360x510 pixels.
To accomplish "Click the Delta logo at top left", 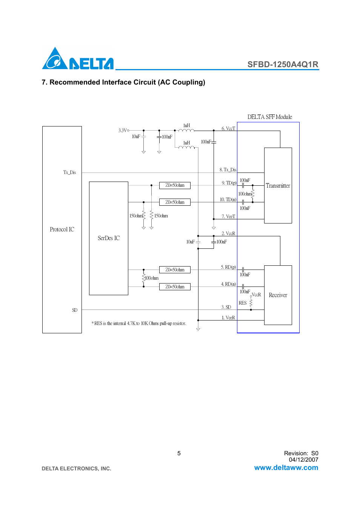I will pyautogui.click(x=77, y=59).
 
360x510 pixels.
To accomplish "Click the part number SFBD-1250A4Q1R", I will pyautogui.click(x=283, y=65).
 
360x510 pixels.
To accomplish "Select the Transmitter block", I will pyautogui.click(x=278, y=185).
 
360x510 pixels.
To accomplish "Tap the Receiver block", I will pyautogui.click(x=278, y=295).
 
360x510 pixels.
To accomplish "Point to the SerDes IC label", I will pyautogui.click(x=109, y=238).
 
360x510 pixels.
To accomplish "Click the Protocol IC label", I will pyautogui.click(x=62, y=230).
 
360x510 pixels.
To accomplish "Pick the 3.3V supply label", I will pyautogui.click(x=123, y=131).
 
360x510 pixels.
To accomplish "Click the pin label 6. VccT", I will pyautogui.click(x=228, y=129).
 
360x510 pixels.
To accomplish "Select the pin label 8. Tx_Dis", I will pyautogui.click(x=228, y=170).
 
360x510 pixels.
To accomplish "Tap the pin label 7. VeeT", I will pyautogui.click(x=228, y=217).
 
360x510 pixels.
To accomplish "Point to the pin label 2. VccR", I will pyautogui.click(x=228, y=234).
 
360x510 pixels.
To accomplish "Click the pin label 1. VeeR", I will pyautogui.click(x=228, y=318).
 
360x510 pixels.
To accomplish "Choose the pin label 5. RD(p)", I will pyautogui.click(x=228, y=267).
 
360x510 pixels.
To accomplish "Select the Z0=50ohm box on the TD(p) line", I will pyautogui.click(x=175, y=185).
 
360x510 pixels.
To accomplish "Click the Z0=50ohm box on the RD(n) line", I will pyautogui.click(x=175, y=287).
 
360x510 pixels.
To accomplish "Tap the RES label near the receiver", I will pyautogui.click(x=242, y=303).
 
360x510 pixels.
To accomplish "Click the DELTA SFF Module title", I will pyautogui.click(x=269, y=117).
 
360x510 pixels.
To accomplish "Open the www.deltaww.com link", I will pyautogui.click(x=286, y=468).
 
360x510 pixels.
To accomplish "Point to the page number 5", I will pyautogui.click(x=179, y=453).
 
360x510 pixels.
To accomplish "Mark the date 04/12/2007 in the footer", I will pyautogui.click(x=303, y=460).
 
